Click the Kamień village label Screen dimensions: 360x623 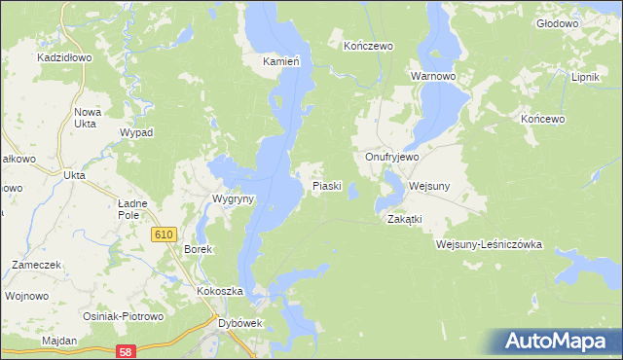280,61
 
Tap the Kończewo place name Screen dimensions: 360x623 368,46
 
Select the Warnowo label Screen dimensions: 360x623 433,75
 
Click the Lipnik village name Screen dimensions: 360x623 586,77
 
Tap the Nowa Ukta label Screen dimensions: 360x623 88,119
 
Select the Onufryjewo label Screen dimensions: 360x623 391,157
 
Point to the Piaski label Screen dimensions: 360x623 326,186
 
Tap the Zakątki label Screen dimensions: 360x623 404,219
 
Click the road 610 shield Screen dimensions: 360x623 164,234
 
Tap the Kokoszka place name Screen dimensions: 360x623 218,292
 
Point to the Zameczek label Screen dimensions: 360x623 37,265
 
